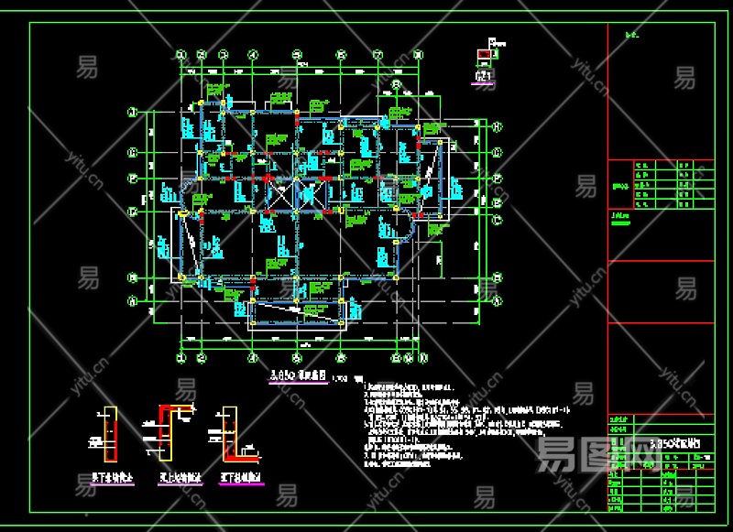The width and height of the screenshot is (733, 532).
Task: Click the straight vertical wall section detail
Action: coord(110,435)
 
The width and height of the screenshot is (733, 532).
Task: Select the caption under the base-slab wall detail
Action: coord(240,477)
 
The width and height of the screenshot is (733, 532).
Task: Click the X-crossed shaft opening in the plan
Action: coord(281,194)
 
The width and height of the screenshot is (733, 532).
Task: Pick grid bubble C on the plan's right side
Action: coord(498,220)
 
